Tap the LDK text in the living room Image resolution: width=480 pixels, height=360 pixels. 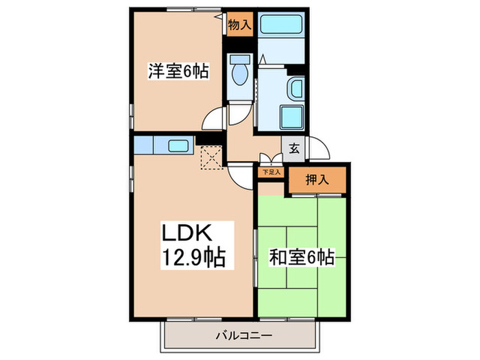[184, 232]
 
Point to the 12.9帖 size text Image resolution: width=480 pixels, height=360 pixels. [193, 258]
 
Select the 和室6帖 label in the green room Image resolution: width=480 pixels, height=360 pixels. [302, 258]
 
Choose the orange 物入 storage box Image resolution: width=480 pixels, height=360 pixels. [239, 25]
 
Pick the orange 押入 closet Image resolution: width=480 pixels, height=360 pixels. [317, 181]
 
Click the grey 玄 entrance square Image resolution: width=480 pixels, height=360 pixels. [293, 147]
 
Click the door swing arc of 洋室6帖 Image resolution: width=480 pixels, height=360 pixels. [213, 118]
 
